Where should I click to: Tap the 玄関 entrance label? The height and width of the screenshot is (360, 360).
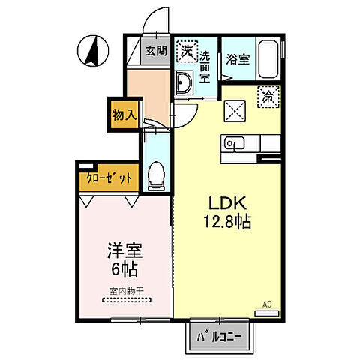pos(155,51)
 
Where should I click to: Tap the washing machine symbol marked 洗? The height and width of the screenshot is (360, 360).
pos(185,52)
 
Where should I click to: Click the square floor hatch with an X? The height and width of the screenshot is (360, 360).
pos(238,109)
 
